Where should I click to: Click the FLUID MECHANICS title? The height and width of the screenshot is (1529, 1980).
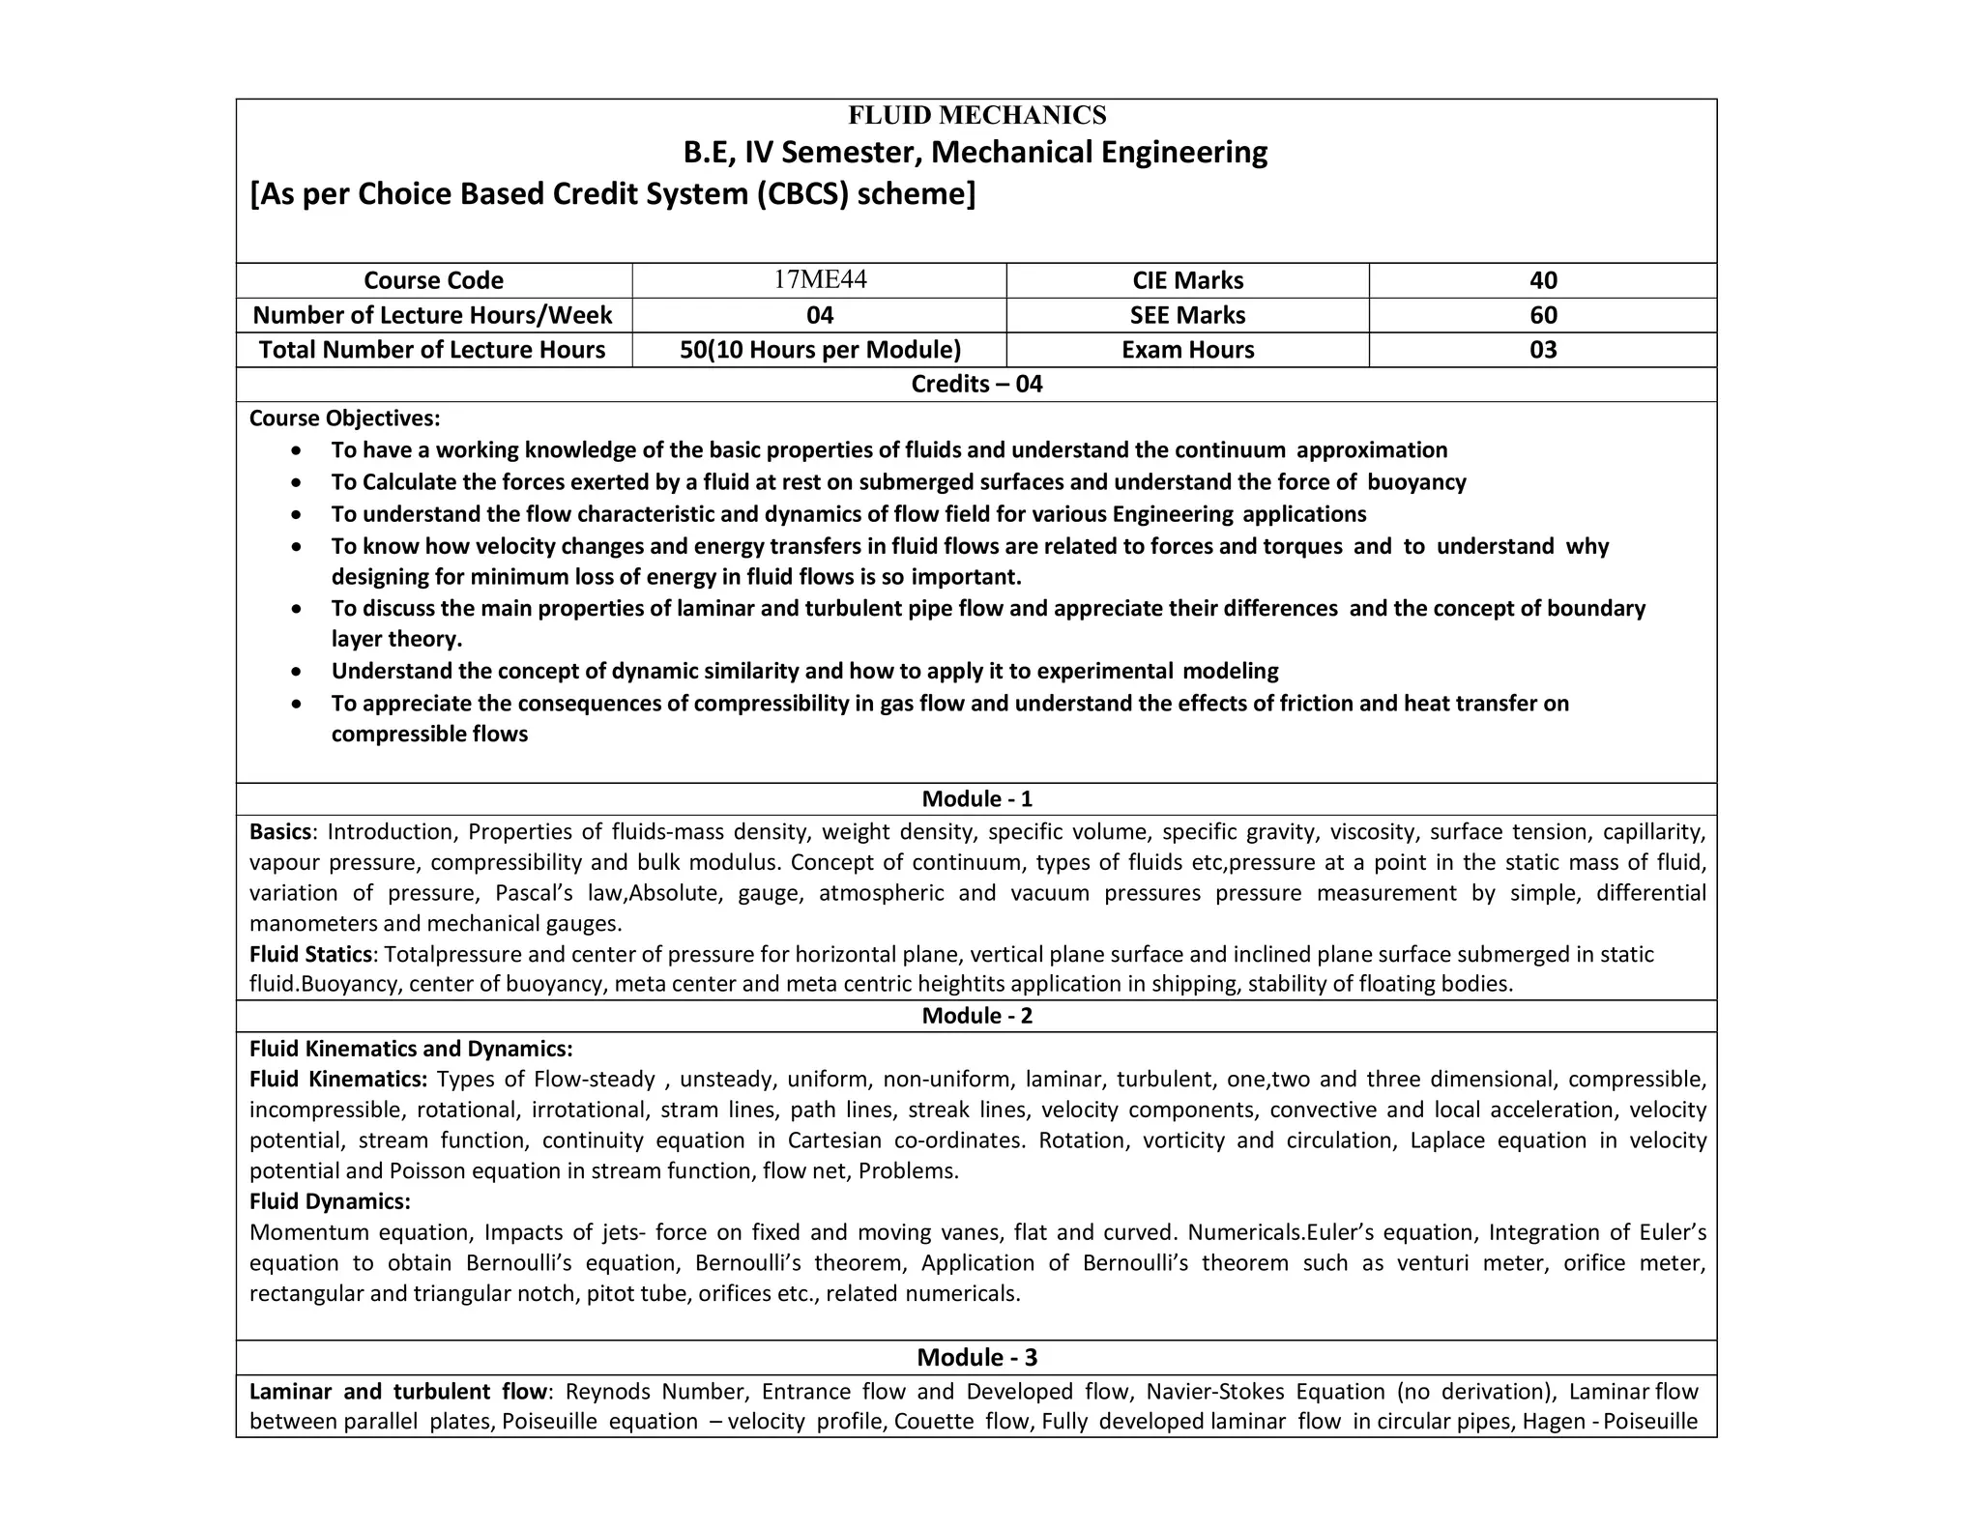976,116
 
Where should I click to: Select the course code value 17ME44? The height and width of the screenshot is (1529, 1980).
820,279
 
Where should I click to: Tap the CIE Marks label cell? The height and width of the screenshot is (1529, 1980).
1187,280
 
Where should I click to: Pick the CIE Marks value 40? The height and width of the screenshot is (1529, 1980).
1543,280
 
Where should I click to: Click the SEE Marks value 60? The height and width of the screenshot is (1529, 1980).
1543,315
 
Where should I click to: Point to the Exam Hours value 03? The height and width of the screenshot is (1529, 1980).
1543,350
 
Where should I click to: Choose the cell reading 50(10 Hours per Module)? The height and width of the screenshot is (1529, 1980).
820,350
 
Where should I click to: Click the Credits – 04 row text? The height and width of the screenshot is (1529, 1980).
976,385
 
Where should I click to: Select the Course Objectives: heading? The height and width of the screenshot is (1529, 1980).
344,418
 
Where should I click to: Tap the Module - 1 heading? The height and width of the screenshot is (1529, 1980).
976,799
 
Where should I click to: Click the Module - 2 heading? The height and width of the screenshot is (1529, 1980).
976,1016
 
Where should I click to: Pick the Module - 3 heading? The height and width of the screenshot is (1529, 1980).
976,1358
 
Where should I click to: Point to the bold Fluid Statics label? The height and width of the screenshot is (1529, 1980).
310,955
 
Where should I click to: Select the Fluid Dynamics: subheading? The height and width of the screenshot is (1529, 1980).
330,1201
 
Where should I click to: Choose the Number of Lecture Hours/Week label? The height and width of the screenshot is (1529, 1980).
432,315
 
